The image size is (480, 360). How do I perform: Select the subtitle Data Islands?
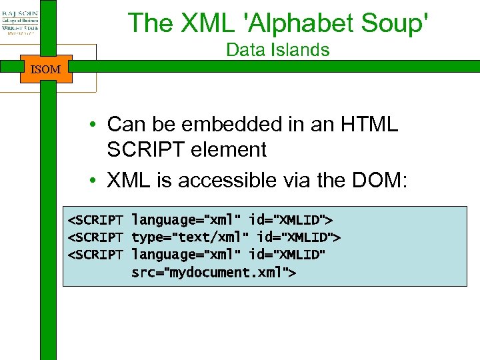(x=278, y=49)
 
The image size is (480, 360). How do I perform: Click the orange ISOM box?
(x=46, y=69)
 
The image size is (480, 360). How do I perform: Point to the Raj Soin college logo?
(x=20, y=24)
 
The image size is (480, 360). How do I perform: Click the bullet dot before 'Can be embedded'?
(x=97, y=125)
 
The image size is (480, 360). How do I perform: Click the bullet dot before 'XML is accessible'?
(x=97, y=181)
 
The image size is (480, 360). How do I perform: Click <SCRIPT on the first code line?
(x=95, y=219)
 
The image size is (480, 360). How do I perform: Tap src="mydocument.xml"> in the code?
(x=213, y=273)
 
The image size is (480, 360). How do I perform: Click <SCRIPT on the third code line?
(x=95, y=255)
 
